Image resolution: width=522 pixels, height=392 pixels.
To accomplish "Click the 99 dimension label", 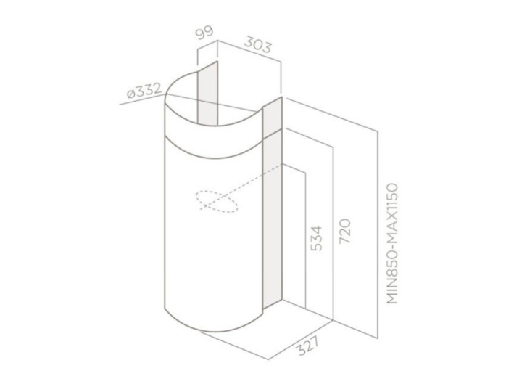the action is point(204,33).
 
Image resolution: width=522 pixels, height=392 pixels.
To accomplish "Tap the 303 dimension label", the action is point(257,45).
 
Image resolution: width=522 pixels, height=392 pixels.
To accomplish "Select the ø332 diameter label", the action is point(144,90).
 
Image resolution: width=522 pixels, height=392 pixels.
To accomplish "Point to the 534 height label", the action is point(317,238).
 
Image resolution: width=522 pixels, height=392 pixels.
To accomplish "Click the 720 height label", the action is point(345,231).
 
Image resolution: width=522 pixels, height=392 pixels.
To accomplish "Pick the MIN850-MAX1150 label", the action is point(393,243).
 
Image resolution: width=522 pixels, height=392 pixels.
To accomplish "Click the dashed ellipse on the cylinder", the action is point(217,201).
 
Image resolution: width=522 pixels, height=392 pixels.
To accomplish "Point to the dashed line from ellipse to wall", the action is point(242,187).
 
